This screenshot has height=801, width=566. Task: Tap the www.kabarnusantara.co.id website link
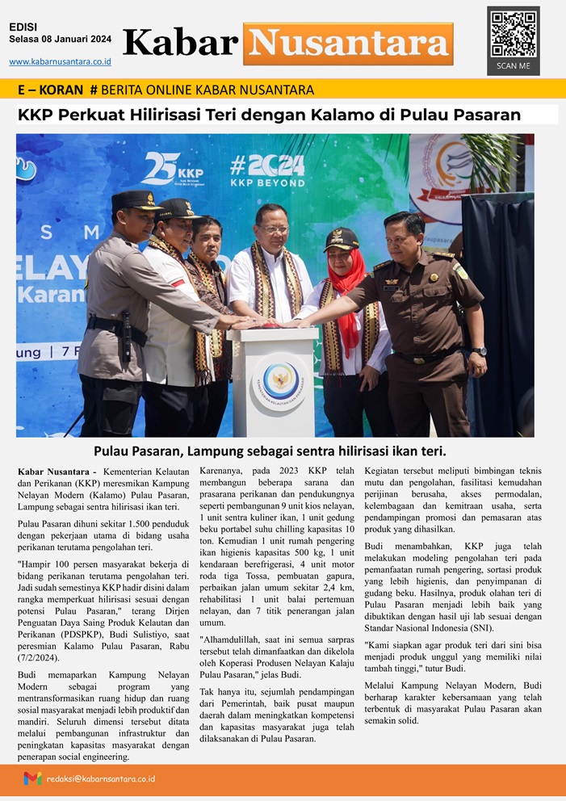coord(61,61)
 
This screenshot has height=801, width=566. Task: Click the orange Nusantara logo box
coord(348,44)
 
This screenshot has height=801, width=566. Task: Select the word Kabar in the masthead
coord(180,43)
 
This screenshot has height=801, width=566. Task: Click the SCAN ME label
coord(514,65)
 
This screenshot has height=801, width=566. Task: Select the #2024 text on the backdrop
coord(266,165)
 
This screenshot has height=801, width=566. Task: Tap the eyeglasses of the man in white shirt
coord(274,229)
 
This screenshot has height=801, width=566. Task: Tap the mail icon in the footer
coord(32,778)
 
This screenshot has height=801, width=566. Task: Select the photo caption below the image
coord(270,451)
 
